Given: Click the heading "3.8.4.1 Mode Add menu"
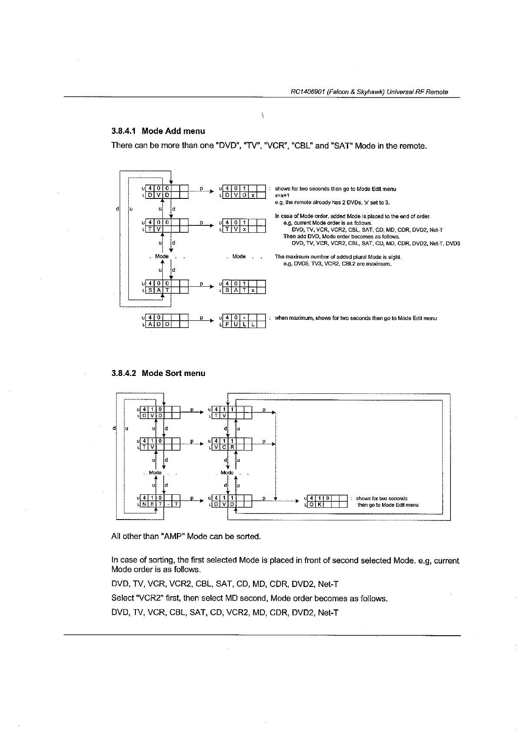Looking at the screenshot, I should click(158, 131).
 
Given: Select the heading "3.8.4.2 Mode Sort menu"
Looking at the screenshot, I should click(158, 373).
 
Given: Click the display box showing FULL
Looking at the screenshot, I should click(244, 321).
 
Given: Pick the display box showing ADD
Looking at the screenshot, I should click(166, 321).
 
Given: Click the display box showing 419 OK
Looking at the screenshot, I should click(327, 501).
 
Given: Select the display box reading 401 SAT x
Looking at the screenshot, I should click(244, 287).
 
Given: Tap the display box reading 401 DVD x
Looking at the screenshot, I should click(244, 192).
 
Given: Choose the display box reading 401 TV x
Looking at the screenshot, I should click(244, 226).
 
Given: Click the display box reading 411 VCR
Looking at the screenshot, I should click(231, 444).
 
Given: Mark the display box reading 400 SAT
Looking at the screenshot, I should click(166, 287).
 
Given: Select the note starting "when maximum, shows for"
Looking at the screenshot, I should click(356, 318).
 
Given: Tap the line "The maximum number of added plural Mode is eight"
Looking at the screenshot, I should click(338, 257).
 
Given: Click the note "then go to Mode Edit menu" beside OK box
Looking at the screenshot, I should click(388, 505).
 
